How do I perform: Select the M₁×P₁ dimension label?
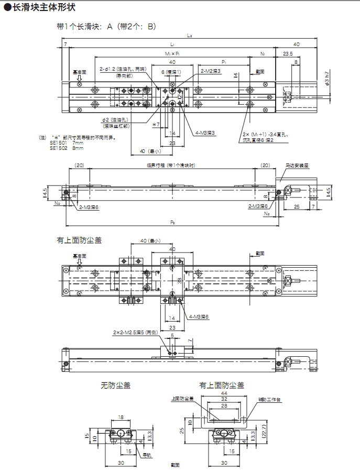coord(172,53)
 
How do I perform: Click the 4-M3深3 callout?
coord(205,133)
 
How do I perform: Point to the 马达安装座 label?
coord(297,165)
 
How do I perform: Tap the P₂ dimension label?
coord(172,222)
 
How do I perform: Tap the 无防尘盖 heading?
coord(115,385)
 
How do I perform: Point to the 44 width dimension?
coord(224,393)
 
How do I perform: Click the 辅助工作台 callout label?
coord(269,399)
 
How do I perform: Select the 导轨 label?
coord(147,455)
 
